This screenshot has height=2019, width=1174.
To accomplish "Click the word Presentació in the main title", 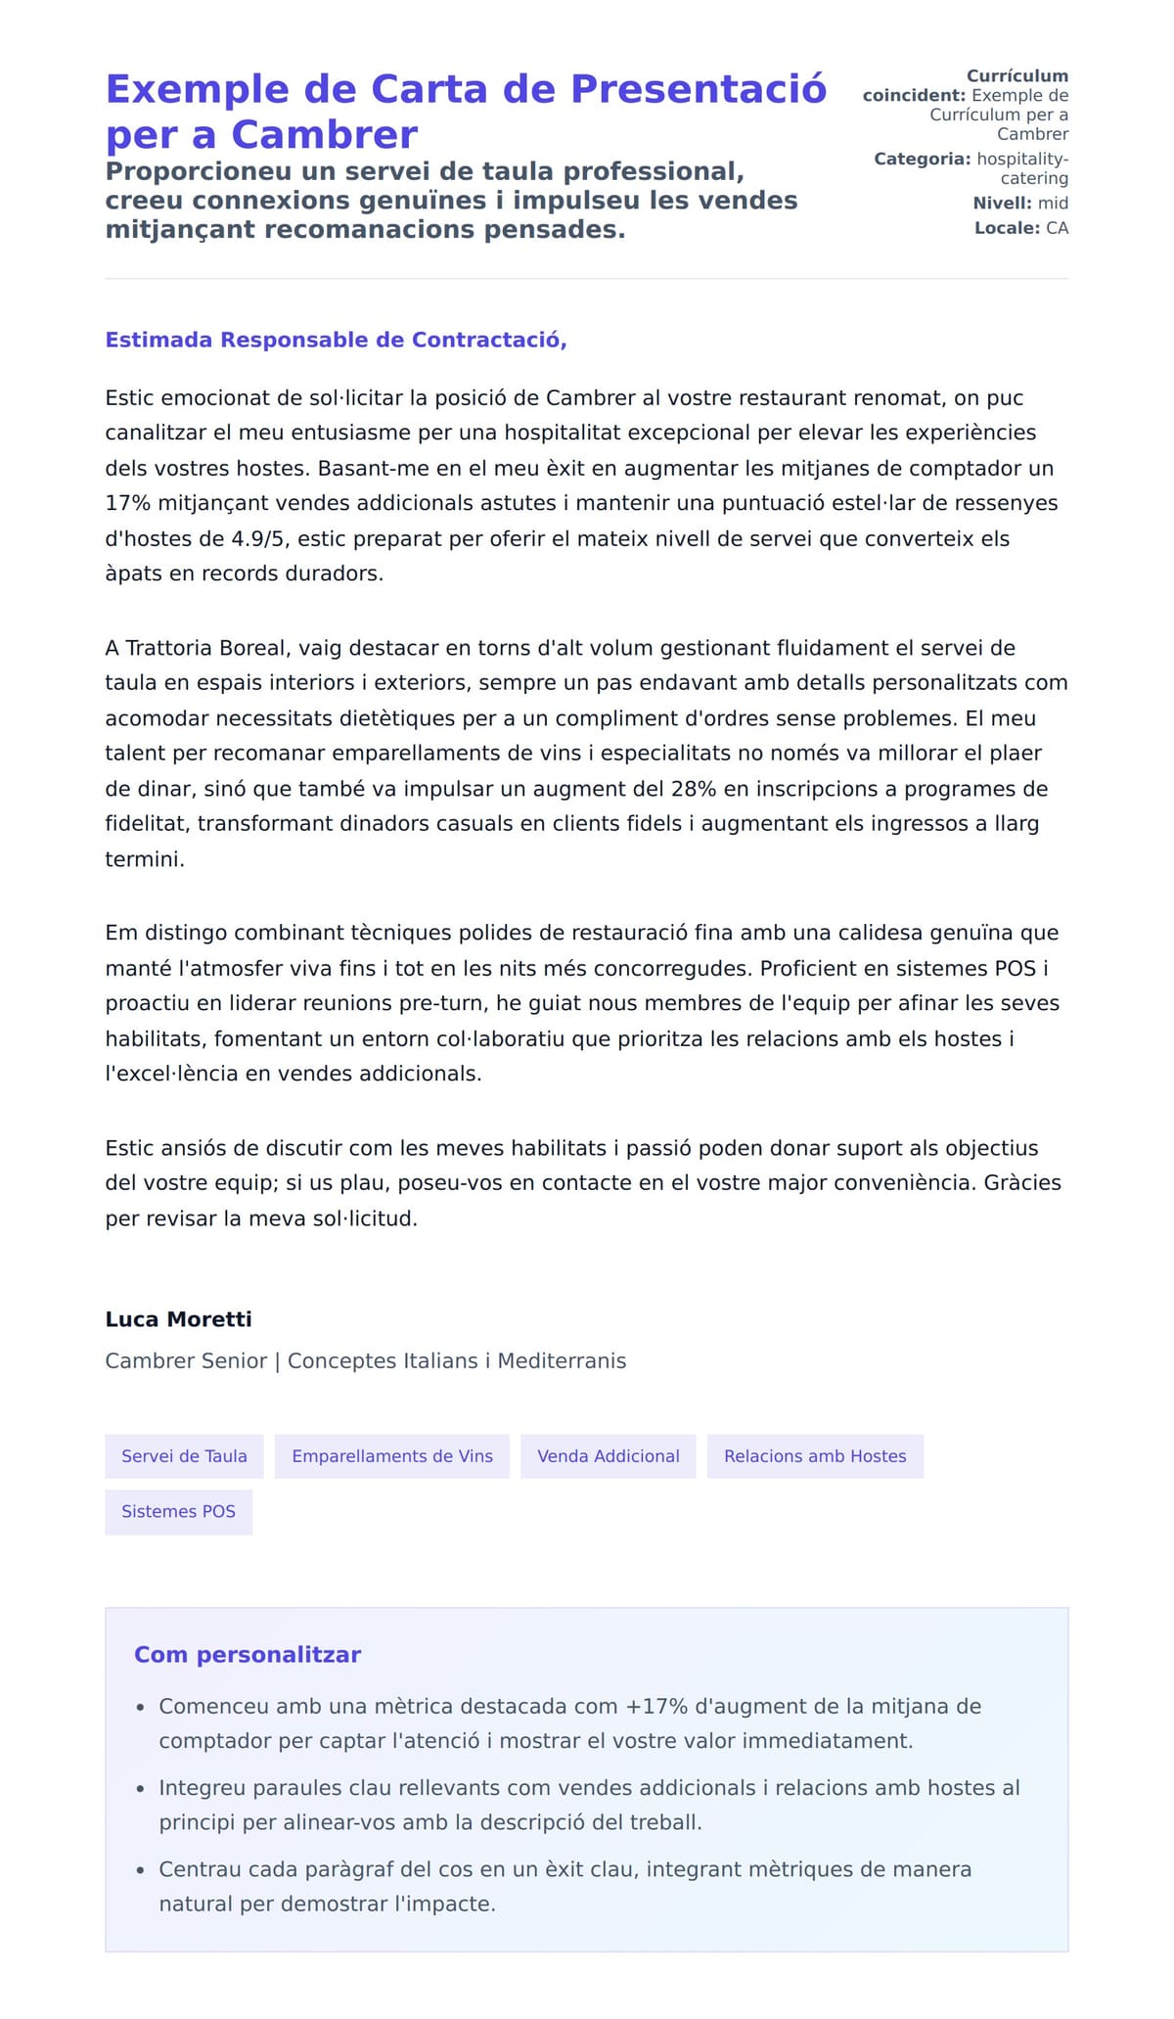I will coord(698,89).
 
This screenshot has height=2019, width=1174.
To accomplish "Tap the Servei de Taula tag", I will coord(184,1456).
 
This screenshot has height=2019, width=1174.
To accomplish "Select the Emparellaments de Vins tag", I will coord(392,1456).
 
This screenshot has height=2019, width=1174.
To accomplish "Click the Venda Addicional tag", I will coord(609,1456).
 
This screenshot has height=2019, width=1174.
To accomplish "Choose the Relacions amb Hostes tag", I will coord(815,1456).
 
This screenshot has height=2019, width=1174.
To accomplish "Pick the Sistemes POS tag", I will coord(178,1511).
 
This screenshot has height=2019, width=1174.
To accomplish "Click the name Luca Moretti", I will coord(178,1319).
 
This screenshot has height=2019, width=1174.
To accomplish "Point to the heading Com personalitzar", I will coord(248,1655).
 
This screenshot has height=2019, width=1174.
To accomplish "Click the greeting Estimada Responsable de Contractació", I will coord(336,340).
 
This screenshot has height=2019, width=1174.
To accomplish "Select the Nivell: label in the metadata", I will coord(1002,204).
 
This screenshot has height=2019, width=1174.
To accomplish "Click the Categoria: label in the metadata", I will coord(922,159).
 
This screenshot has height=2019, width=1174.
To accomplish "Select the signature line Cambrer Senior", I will coord(186,1360).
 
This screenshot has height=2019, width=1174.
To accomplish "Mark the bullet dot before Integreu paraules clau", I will coord(141,1790).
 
